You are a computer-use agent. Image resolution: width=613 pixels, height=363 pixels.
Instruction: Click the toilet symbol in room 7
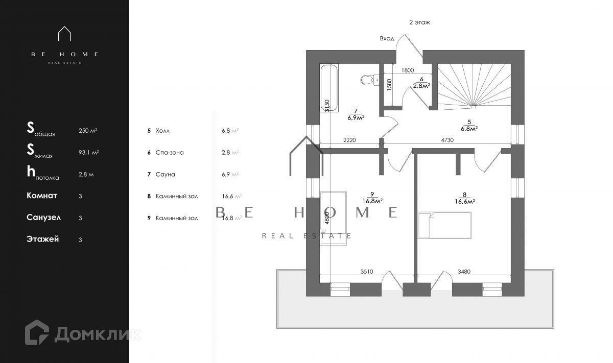pyautogui.click(x=367, y=80)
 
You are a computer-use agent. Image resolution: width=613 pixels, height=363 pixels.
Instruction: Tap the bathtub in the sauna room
pyautogui.click(x=329, y=88)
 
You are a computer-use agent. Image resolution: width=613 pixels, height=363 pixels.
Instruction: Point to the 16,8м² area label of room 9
pyautogui.click(x=373, y=201)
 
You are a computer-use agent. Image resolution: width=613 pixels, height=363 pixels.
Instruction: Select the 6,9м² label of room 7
pyautogui.click(x=356, y=117)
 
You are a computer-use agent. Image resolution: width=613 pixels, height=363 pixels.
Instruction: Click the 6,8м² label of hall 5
pyautogui.click(x=468, y=129)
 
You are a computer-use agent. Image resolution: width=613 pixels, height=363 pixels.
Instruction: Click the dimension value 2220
pyautogui.click(x=349, y=139)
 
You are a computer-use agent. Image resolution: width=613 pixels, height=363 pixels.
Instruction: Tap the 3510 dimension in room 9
pyautogui.click(x=367, y=272)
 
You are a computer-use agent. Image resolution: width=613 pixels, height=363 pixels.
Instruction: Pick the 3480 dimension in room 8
pyautogui.click(x=464, y=272)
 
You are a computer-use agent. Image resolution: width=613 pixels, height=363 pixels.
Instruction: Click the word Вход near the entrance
pyautogui.click(x=387, y=38)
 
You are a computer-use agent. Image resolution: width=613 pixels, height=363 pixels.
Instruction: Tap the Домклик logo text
pyautogui.click(x=97, y=334)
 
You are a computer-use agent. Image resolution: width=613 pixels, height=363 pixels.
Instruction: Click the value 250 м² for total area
pyautogui.click(x=88, y=131)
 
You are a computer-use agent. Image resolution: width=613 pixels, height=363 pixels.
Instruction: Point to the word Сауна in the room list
pyautogui.click(x=166, y=174)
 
